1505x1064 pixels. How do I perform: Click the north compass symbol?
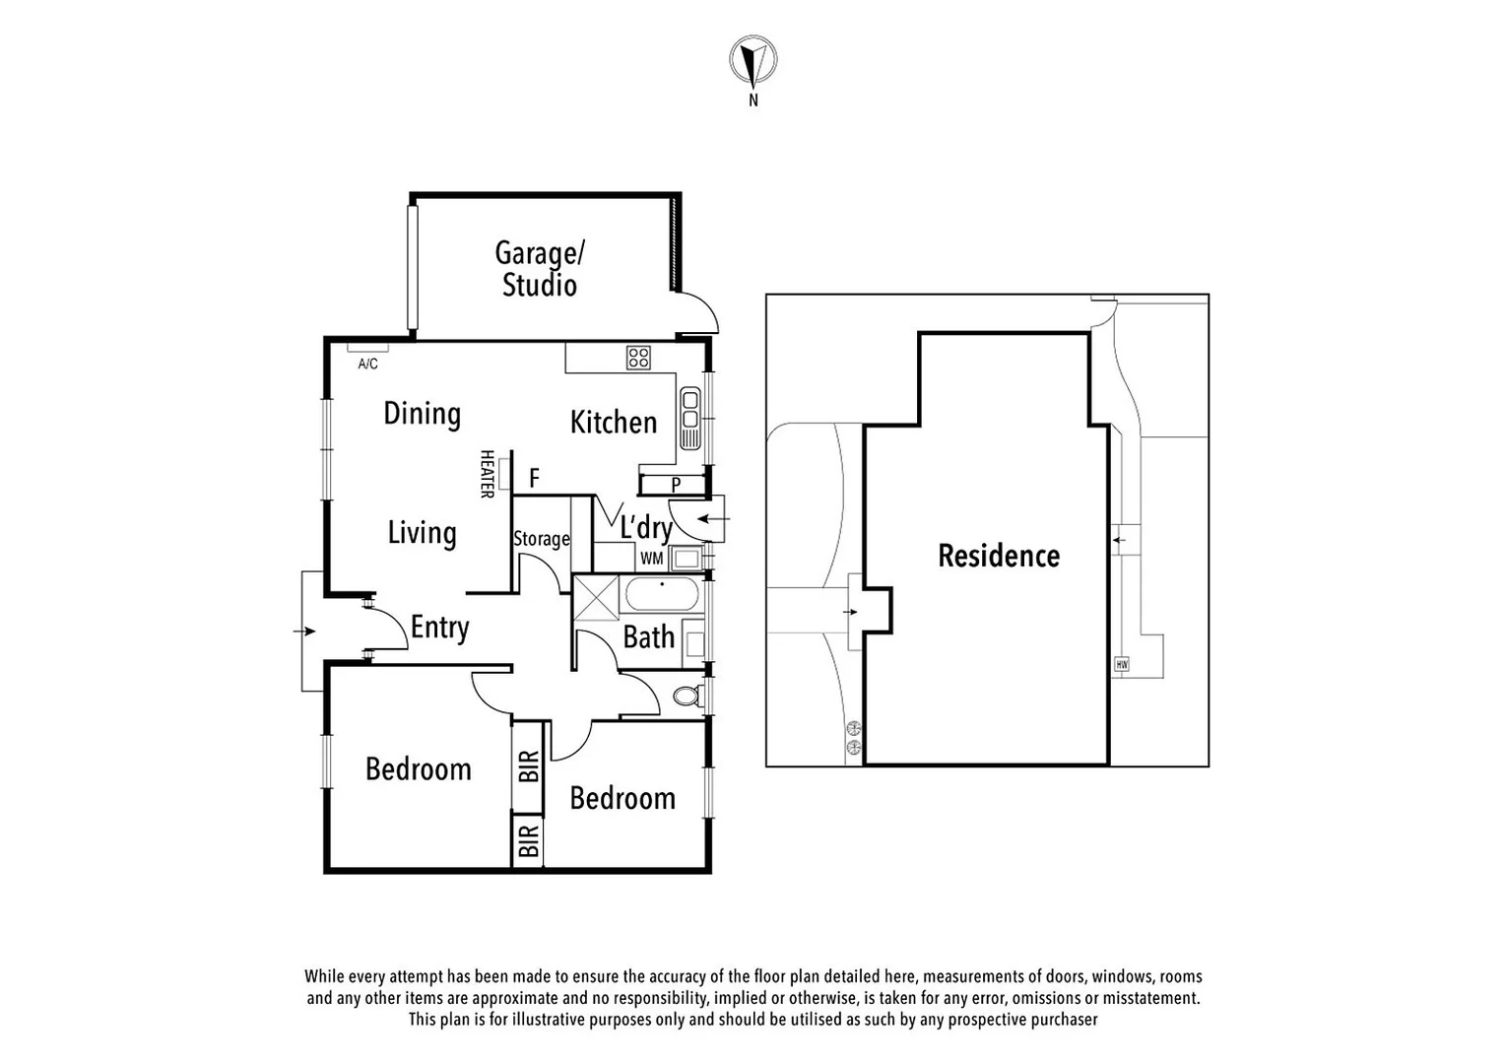coord(753,60)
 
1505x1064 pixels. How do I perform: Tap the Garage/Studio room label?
coord(539,269)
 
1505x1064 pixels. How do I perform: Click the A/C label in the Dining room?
coord(367,364)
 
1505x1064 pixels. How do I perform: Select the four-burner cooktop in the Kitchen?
coord(638,358)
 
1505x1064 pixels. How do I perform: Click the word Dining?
coord(422,414)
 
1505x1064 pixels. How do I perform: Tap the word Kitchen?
coord(613,423)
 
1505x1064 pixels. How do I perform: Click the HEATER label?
coord(487,474)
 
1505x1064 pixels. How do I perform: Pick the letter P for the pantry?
coord(676,485)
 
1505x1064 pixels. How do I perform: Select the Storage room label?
coord(541,539)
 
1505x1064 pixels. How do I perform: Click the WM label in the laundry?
coord(651,559)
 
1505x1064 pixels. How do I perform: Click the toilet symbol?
coord(687,696)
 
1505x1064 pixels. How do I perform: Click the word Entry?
coord(439,628)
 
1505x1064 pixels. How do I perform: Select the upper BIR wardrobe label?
coord(528,765)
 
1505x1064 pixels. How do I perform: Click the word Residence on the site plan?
coord(999,556)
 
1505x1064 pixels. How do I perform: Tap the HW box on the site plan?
coord(1121,665)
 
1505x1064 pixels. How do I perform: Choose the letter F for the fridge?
coord(534,479)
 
